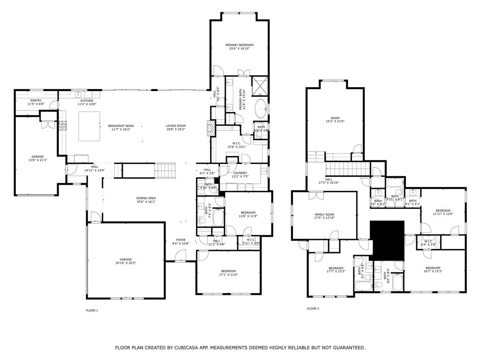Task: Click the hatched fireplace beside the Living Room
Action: coord(210,127)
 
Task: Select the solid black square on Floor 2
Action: coord(387,239)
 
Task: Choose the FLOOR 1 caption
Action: coord(92,310)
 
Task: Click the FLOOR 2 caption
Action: coord(313,308)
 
